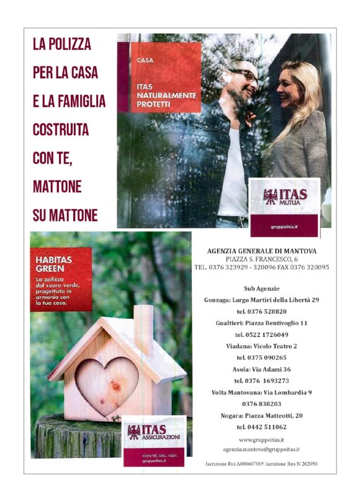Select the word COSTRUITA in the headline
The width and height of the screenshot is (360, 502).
(61, 130)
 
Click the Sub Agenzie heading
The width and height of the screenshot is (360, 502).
(261, 289)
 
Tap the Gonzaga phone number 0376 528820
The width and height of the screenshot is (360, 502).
(261, 312)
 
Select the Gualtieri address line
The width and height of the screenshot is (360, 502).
(261, 323)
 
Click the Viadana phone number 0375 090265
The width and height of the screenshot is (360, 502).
(261, 357)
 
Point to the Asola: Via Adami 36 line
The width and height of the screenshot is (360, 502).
(261, 369)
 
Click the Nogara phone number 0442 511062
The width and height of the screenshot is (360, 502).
(261, 427)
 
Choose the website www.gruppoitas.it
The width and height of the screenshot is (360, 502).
(261, 439)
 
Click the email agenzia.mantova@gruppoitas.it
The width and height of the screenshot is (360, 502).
(261, 449)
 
